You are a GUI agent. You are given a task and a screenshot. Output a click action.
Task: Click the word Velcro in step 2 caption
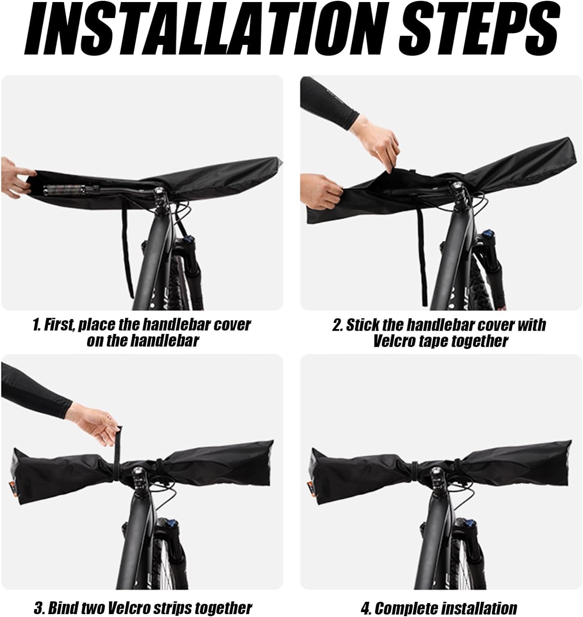coord(395,341)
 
